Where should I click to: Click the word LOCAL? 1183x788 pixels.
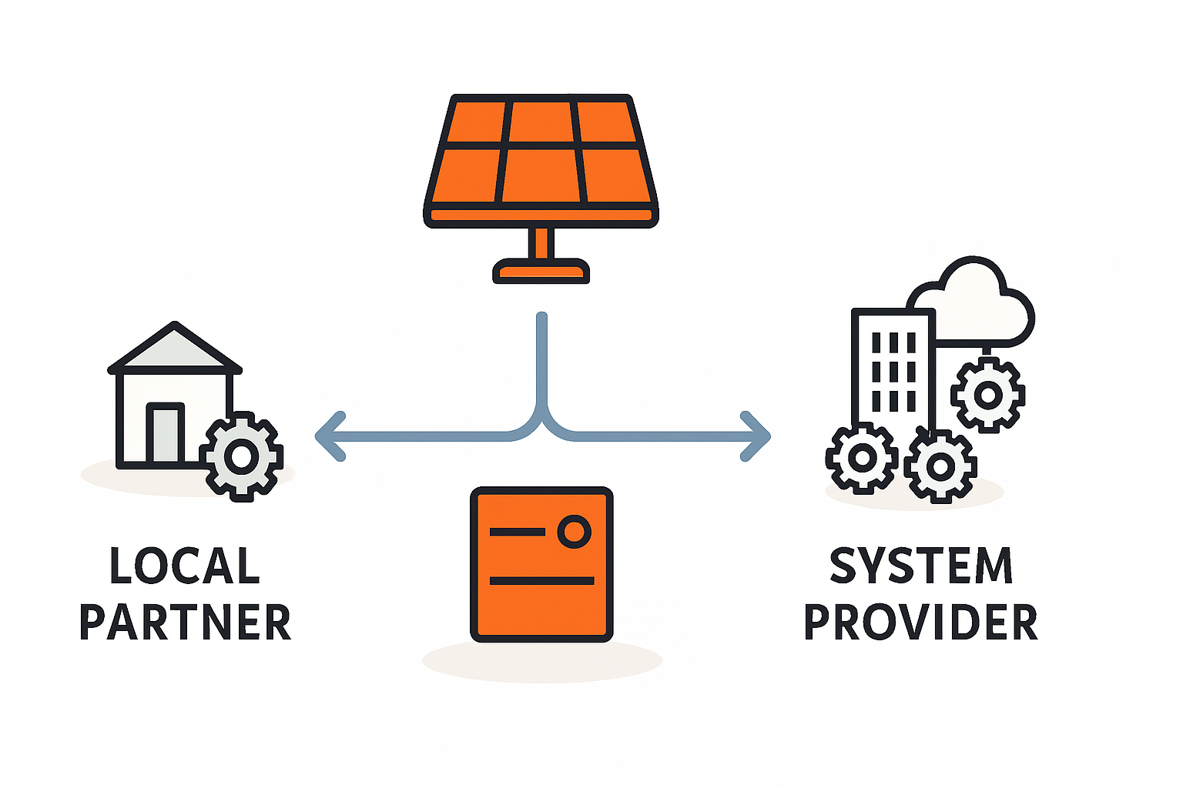click(x=185, y=566)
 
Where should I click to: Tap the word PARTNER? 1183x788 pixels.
click(x=185, y=623)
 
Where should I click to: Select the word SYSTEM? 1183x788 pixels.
click(x=921, y=566)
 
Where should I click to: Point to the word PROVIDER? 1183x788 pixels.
click(x=921, y=623)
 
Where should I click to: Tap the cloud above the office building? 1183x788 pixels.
click(x=978, y=304)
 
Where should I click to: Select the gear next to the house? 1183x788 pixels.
click(x=242, y=456)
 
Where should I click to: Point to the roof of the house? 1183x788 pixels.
click(x=175, y=350)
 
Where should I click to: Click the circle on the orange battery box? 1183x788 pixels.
click(x=574, y=531)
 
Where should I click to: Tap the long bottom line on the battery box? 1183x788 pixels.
click(x=541, y=580)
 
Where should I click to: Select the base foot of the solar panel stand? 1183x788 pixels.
click(x=541, y=271)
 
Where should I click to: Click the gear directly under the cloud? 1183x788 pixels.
click(x=987, y=395)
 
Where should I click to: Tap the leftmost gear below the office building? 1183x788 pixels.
click(x=862, y=458)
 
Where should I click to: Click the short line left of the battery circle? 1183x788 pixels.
click(x=516, y=531)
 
